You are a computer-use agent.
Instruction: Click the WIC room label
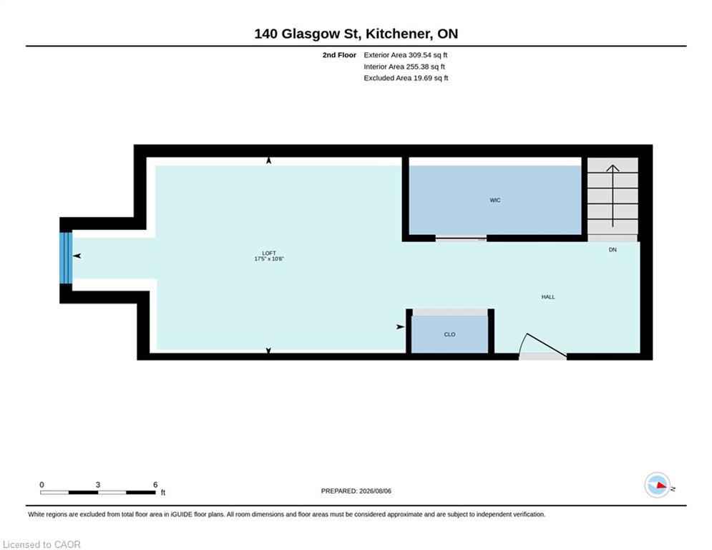click(495, 200)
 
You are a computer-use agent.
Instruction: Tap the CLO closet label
click(449, 334)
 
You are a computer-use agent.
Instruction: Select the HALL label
click(548, 296)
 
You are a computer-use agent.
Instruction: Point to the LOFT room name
click(269, 254)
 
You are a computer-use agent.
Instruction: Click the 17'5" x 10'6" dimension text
click(269, 259)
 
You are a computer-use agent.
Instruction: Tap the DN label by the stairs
click(613, 249)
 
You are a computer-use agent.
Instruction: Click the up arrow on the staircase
click(613, 196)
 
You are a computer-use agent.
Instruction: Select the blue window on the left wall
click(66, 258)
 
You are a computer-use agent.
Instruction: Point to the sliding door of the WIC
click(461, 237)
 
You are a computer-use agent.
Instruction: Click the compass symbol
click(657, 485)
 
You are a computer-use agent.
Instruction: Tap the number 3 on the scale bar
click(97, 485)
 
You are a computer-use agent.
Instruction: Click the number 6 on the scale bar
click(155, 485)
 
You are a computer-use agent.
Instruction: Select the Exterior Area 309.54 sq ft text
click(406, 55)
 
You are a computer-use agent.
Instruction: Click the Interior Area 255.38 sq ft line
click(404, 67)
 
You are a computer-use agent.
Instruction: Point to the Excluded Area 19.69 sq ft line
click(406, 78)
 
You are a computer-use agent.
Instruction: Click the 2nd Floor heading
click(339, 55)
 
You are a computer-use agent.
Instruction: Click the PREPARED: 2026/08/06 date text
click(356, 491)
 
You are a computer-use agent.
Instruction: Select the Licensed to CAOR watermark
click(42, 544)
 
